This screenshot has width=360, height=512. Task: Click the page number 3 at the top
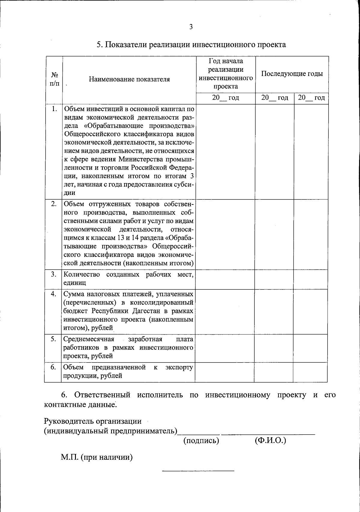pos(191,27)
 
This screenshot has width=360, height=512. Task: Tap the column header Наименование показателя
pos(129,79)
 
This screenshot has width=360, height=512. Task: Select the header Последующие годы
pos(292,74)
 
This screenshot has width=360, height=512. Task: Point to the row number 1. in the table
pos(54,109)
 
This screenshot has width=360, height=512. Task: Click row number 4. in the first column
pos(53,294)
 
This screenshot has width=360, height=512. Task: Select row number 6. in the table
pos(53,367)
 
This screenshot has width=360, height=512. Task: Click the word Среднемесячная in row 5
pos(89,339)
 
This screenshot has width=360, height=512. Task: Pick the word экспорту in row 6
pos(179,367)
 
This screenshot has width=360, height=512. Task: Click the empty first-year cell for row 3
pos(225,279)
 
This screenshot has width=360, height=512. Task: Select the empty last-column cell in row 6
pos(310,372)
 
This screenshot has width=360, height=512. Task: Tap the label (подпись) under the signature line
pos(201,441)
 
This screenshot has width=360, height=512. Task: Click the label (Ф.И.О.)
pos(270,441)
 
